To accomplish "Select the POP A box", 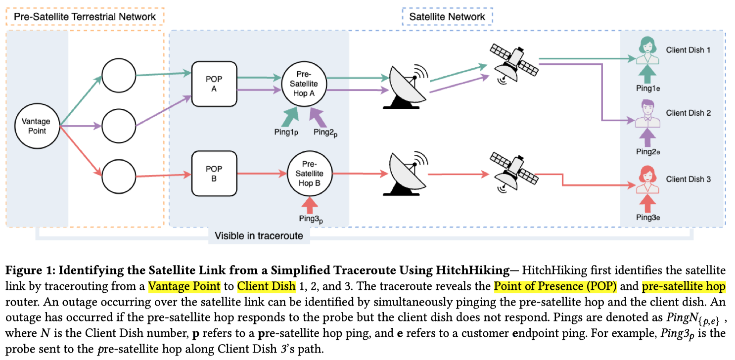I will pyautogui.click(x=214, y=84).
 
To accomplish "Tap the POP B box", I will pyautogui.click(x=214, y=174).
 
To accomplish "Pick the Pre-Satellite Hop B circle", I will pyautogui.click(x=310, y=174).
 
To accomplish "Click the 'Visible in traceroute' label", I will pyautogui.click(x=259, y=235).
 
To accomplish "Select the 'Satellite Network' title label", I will pyautogui.click(x=447, y=17).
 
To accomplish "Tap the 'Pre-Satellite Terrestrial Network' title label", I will pyautogui.click(x=85, y=17).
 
